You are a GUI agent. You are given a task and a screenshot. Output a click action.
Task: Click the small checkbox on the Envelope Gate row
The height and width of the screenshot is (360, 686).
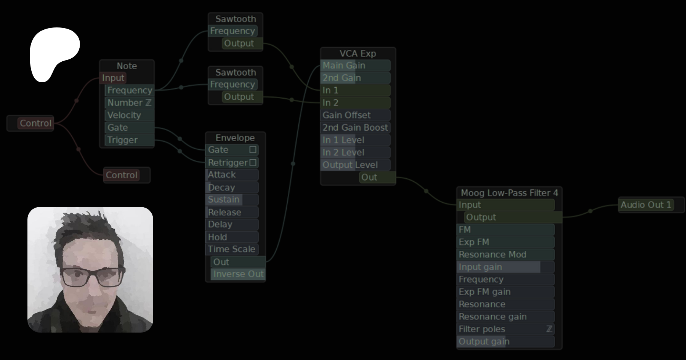pos(253,150)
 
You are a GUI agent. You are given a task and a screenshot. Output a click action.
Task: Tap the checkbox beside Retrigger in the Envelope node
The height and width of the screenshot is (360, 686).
pos(253,163)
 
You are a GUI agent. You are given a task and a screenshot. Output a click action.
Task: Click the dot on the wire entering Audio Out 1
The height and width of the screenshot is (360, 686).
pos(590,211)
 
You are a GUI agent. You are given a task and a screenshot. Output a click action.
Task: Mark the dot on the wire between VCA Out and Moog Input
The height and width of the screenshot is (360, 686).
pos(426,191)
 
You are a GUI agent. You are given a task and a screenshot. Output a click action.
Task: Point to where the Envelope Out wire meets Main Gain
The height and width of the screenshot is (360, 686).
pos(321,66)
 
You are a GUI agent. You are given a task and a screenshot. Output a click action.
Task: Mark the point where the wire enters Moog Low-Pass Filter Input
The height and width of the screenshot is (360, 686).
pos(457,205)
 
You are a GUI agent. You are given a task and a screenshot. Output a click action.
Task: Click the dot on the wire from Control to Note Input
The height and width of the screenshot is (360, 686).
pos(76,101)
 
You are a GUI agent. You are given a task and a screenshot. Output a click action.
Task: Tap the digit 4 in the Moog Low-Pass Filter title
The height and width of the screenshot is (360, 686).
pos(555,193)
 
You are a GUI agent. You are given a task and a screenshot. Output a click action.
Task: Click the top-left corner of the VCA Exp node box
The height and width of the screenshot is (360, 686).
pos(321,48)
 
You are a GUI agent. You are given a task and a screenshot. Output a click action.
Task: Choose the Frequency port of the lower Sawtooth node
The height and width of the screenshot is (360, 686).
pos(233,85)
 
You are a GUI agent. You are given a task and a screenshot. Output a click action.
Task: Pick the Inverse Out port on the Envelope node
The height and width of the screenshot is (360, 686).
pos(238,274)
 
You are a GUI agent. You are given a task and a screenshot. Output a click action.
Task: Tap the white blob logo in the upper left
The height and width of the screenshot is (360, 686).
pos(54,54)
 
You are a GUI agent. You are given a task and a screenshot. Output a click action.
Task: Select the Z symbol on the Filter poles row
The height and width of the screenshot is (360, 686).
pos(549,329)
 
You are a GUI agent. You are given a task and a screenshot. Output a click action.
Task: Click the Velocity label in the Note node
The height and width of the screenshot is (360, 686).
pos(124,115)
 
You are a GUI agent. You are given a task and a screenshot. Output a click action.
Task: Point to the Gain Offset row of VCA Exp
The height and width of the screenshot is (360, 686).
pos(356,115)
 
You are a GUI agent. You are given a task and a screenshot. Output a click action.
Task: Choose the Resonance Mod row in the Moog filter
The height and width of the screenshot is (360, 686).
pos(505,254)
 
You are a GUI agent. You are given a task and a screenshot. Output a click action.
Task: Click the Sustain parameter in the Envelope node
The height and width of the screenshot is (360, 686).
pos(232,200)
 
